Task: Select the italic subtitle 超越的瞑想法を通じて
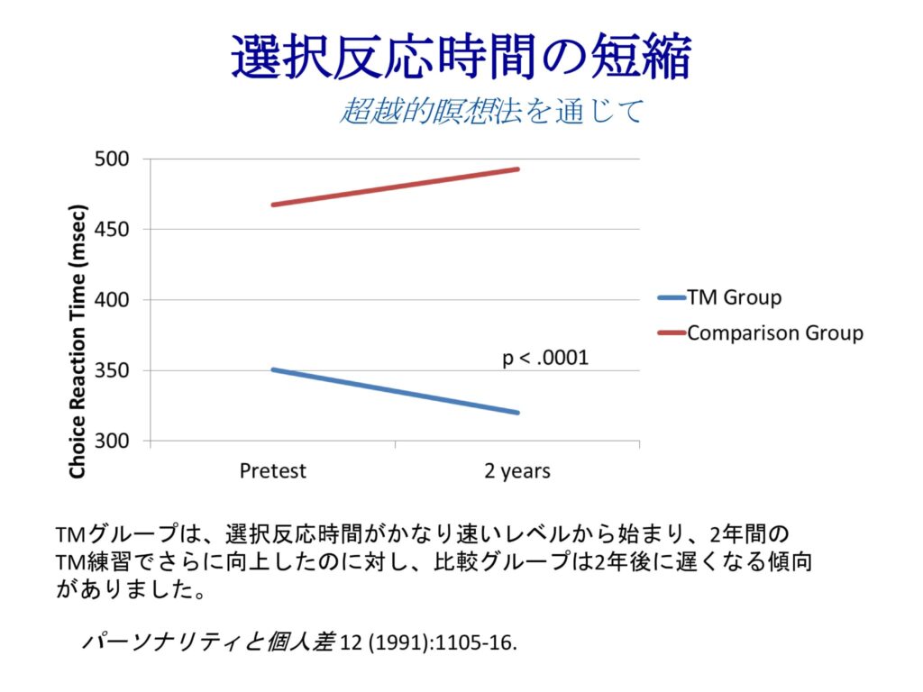tap(491, 111)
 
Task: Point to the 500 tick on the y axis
tap(113, 159)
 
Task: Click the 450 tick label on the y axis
tap(113, 230)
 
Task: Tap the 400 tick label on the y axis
tap(113, 300)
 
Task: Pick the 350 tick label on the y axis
tap(113, 371)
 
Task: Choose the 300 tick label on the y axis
tap(113, 442)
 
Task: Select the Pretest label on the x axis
tap(273, 470)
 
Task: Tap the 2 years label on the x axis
tap(517, 471)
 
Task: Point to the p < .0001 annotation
tap(544, 359)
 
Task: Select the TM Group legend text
tap(734, 297)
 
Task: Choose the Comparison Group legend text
tap(774, 332)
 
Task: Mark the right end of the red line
tap(517, 169)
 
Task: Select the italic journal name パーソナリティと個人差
tap(208, 642)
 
